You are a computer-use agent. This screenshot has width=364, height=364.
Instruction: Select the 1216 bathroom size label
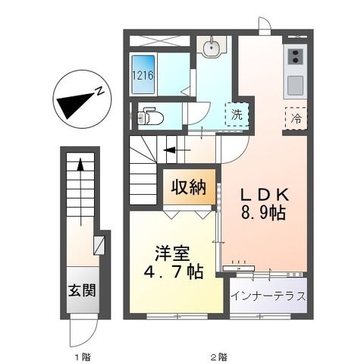pos(143,75)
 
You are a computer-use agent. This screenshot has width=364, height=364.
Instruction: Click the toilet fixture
pos(151,117)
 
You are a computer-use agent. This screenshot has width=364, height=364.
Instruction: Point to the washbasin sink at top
pos(212,48)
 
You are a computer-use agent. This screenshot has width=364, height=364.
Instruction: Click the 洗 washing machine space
pos(237,116)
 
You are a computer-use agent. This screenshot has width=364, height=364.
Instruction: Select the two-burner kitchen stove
pos(294,56)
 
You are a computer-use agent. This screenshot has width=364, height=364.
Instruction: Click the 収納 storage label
pos(188,188)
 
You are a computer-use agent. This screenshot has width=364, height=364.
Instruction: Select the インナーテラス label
pos(269,295)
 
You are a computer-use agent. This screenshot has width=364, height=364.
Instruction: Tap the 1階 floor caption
pos(80,356)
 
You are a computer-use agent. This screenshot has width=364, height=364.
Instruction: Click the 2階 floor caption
pos(217,356)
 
